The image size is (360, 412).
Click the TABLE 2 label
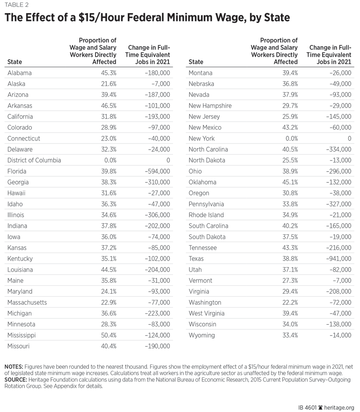click(16, 5)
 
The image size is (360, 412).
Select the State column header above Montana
click(196, 62)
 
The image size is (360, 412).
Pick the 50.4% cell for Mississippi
click(108, 335)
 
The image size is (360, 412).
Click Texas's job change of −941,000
click(336, 258)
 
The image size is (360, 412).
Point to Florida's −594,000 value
click(154, 171)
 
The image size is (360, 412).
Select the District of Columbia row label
click(34, 160)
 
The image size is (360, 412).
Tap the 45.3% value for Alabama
click(108, 73)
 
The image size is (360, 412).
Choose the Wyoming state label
click(202, 335)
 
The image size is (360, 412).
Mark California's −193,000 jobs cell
click(154, 117)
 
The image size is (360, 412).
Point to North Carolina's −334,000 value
click(336, 149)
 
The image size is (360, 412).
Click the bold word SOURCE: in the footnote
click(17, 380)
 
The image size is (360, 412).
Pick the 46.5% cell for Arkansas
click(108, 106)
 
